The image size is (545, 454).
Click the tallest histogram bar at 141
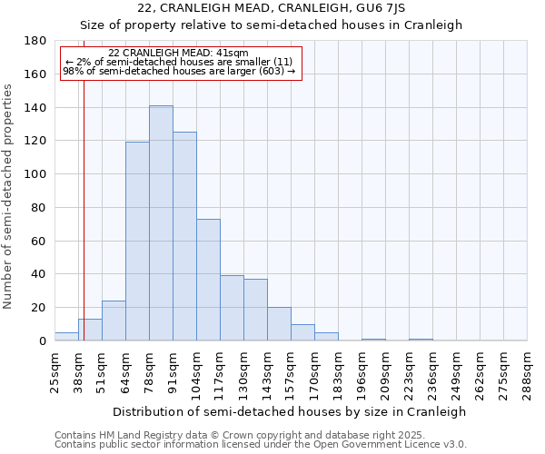tap(161, 223)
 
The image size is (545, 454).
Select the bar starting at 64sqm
tap(137, 242)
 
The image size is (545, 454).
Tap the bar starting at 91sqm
tap(184, 236)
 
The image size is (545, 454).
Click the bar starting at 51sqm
tap(114, 321)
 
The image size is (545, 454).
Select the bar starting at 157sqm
tap(302, 332)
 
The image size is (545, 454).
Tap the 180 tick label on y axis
tap(36, 41)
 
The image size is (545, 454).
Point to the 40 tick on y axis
tap(40, 274)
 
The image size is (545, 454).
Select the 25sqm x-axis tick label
tap(54, 370)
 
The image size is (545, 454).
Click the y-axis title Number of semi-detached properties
tap(9, 196)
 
